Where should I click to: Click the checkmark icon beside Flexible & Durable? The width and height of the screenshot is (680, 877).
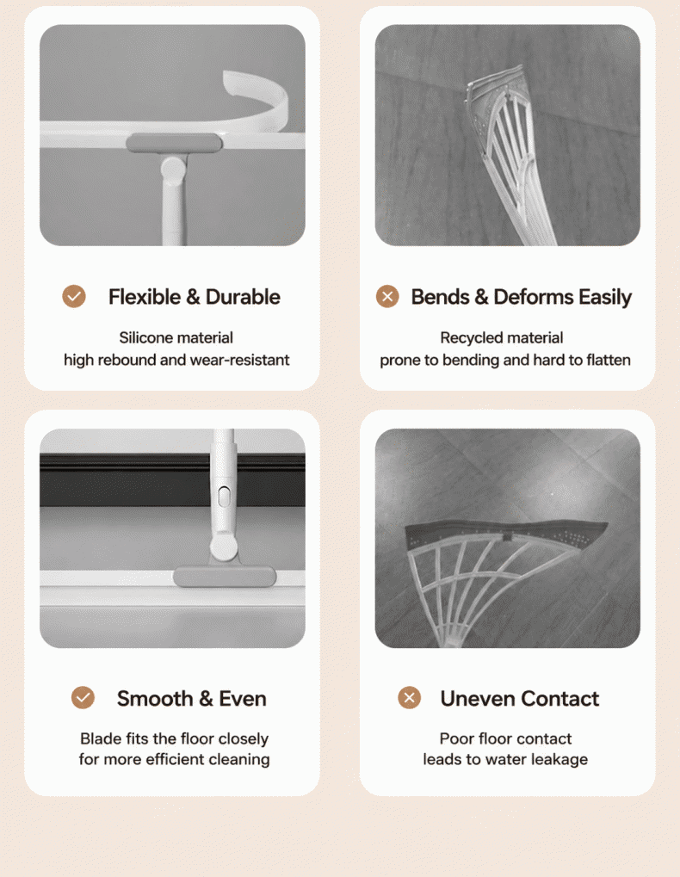(74, 296)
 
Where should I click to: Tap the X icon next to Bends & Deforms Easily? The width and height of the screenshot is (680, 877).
(387, 296)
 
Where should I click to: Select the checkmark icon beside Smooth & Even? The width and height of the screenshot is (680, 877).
(83, 697)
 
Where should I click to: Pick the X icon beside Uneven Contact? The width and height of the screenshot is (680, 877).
(410, 697)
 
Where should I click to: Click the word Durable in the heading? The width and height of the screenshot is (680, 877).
(243, 297)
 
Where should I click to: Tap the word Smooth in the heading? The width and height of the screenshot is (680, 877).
(155, 699)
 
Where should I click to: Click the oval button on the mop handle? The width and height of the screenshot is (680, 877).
(224, 496)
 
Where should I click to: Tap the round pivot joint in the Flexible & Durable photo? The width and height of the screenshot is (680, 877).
(173, 167)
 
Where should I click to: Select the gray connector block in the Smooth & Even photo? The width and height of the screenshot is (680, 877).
(225, 577)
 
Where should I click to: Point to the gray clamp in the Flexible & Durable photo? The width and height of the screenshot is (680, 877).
(174, 143)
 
